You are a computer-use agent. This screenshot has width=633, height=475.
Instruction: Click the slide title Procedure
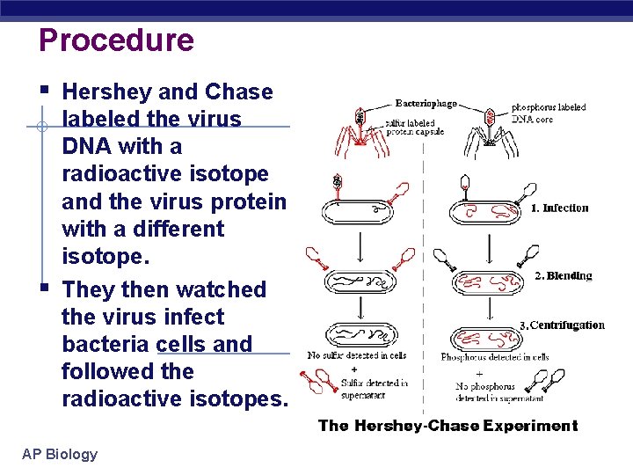pyautogui.click(x=116, y=40)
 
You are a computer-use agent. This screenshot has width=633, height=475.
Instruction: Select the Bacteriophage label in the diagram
pyautogui.click(x=426, y=103)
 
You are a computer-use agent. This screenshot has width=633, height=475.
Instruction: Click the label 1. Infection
pyautogui.click(x=560, y=208)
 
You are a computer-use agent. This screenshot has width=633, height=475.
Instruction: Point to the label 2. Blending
pyautogui.click(x=564, y=275)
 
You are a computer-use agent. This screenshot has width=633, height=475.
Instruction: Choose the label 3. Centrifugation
pyautogui.click(x=562, y=325)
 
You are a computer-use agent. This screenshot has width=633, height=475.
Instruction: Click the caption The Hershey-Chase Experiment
pyautogui.click(x=447, y=426)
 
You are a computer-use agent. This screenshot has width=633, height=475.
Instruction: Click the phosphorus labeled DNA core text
pyautogui.click(x=549, y=113)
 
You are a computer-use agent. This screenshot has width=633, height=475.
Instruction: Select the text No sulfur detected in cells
pyautogui.click(x=357, y=355)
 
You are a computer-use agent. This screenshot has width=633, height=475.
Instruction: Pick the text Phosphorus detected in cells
pyautogui.click(x=495, y=356)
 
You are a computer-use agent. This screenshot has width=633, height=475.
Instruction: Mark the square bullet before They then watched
pyautogui.click(x=43, y=287)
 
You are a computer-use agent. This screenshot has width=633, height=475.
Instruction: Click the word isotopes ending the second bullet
pyautogui.click(x=236, y=398)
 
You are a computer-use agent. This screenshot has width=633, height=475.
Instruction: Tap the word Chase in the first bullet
pyautogui.click(x=238, y=91)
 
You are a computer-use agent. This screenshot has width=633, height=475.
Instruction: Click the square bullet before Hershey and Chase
pyautogui.click(x=43, y=88)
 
